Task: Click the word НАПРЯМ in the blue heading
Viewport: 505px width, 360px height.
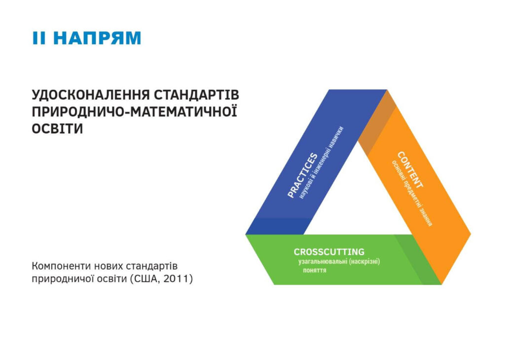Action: point(97,38)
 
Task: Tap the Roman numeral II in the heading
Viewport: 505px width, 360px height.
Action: point(39,38)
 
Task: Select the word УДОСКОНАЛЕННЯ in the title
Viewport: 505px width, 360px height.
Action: point(91,95)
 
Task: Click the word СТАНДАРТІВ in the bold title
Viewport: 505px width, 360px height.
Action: point(196,95)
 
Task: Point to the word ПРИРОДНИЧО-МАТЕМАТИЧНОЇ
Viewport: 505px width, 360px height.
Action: point(134,111)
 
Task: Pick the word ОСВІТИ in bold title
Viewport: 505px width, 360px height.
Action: point(57,129)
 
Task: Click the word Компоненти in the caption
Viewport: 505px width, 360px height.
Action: point(61,266)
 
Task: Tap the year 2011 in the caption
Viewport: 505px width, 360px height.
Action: point(176,279)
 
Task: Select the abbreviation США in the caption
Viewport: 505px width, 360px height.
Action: point(146,279)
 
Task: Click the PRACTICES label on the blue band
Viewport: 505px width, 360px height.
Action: point(302,175)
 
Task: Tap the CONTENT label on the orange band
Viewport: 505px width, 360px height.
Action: point(410,170)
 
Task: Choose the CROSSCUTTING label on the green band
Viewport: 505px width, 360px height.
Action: point(329,252)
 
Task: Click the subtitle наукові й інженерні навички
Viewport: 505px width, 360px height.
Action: point(321,163)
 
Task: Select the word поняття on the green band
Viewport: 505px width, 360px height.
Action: point(315,270)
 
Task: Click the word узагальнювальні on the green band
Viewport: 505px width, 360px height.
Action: point(323,261)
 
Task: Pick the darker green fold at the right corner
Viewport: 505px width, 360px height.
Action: point(417,259)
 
